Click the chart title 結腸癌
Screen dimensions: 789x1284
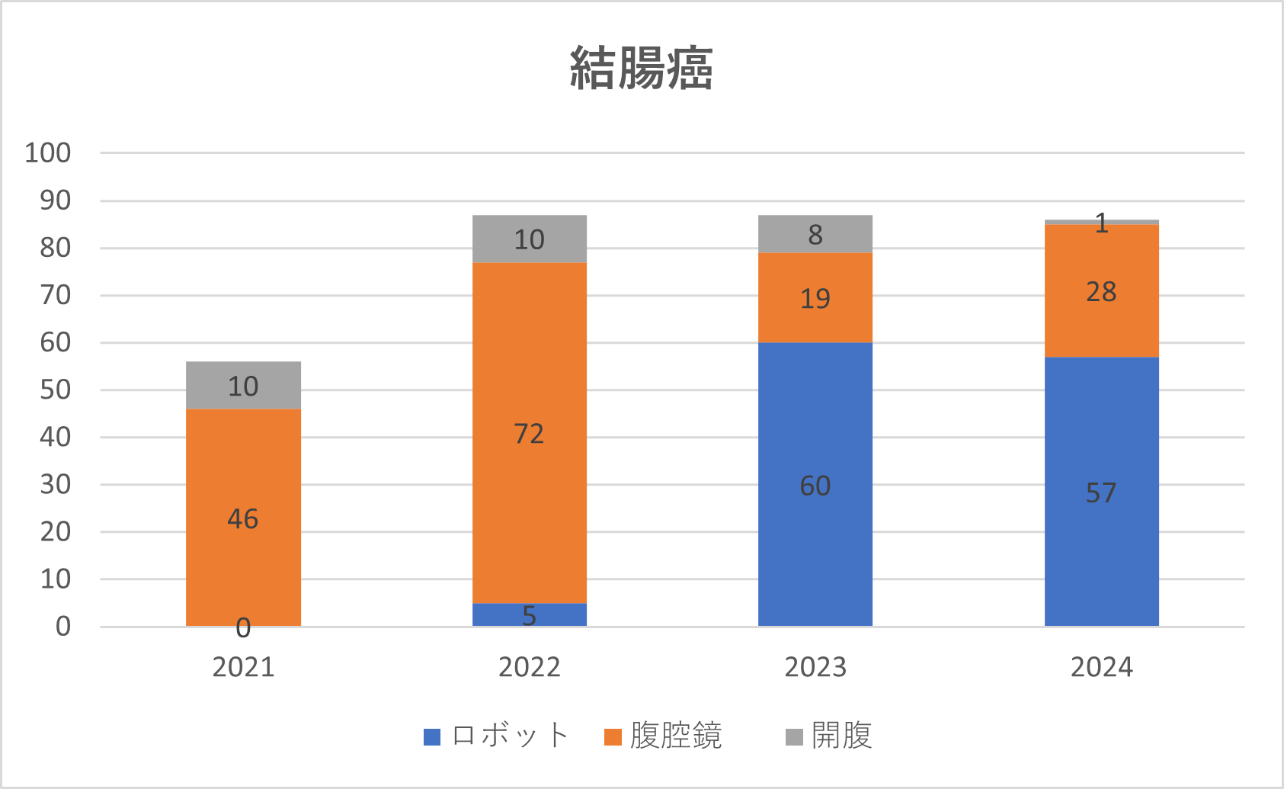pyautogui.click(x=642, y=69)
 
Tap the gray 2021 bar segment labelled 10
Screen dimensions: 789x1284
pyautogui.click(x=243, y=385)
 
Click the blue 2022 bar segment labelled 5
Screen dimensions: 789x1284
pyautogui.click(x=529, y=614)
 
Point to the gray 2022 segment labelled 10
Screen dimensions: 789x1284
pyautogui.click(x=529, y=239)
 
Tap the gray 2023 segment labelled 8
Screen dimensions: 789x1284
pyautogui.click(x=815, y=234)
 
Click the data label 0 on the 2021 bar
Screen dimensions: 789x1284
pyautogui.click(x=243, y=628)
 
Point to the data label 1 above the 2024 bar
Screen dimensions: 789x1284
pyautogui.click(x=1101, y=223)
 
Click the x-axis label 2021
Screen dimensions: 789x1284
pyautogui.click(x=243, y=667)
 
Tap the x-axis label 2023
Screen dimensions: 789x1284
pyautogui.click(x=815, y=667)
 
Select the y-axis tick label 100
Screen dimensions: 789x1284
pyautogui.click(x=48, y=153)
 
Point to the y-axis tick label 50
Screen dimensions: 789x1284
pyautogui.click(x=56, y=390)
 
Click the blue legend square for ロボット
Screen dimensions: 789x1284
pyautogui.click(x=432, y=737)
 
